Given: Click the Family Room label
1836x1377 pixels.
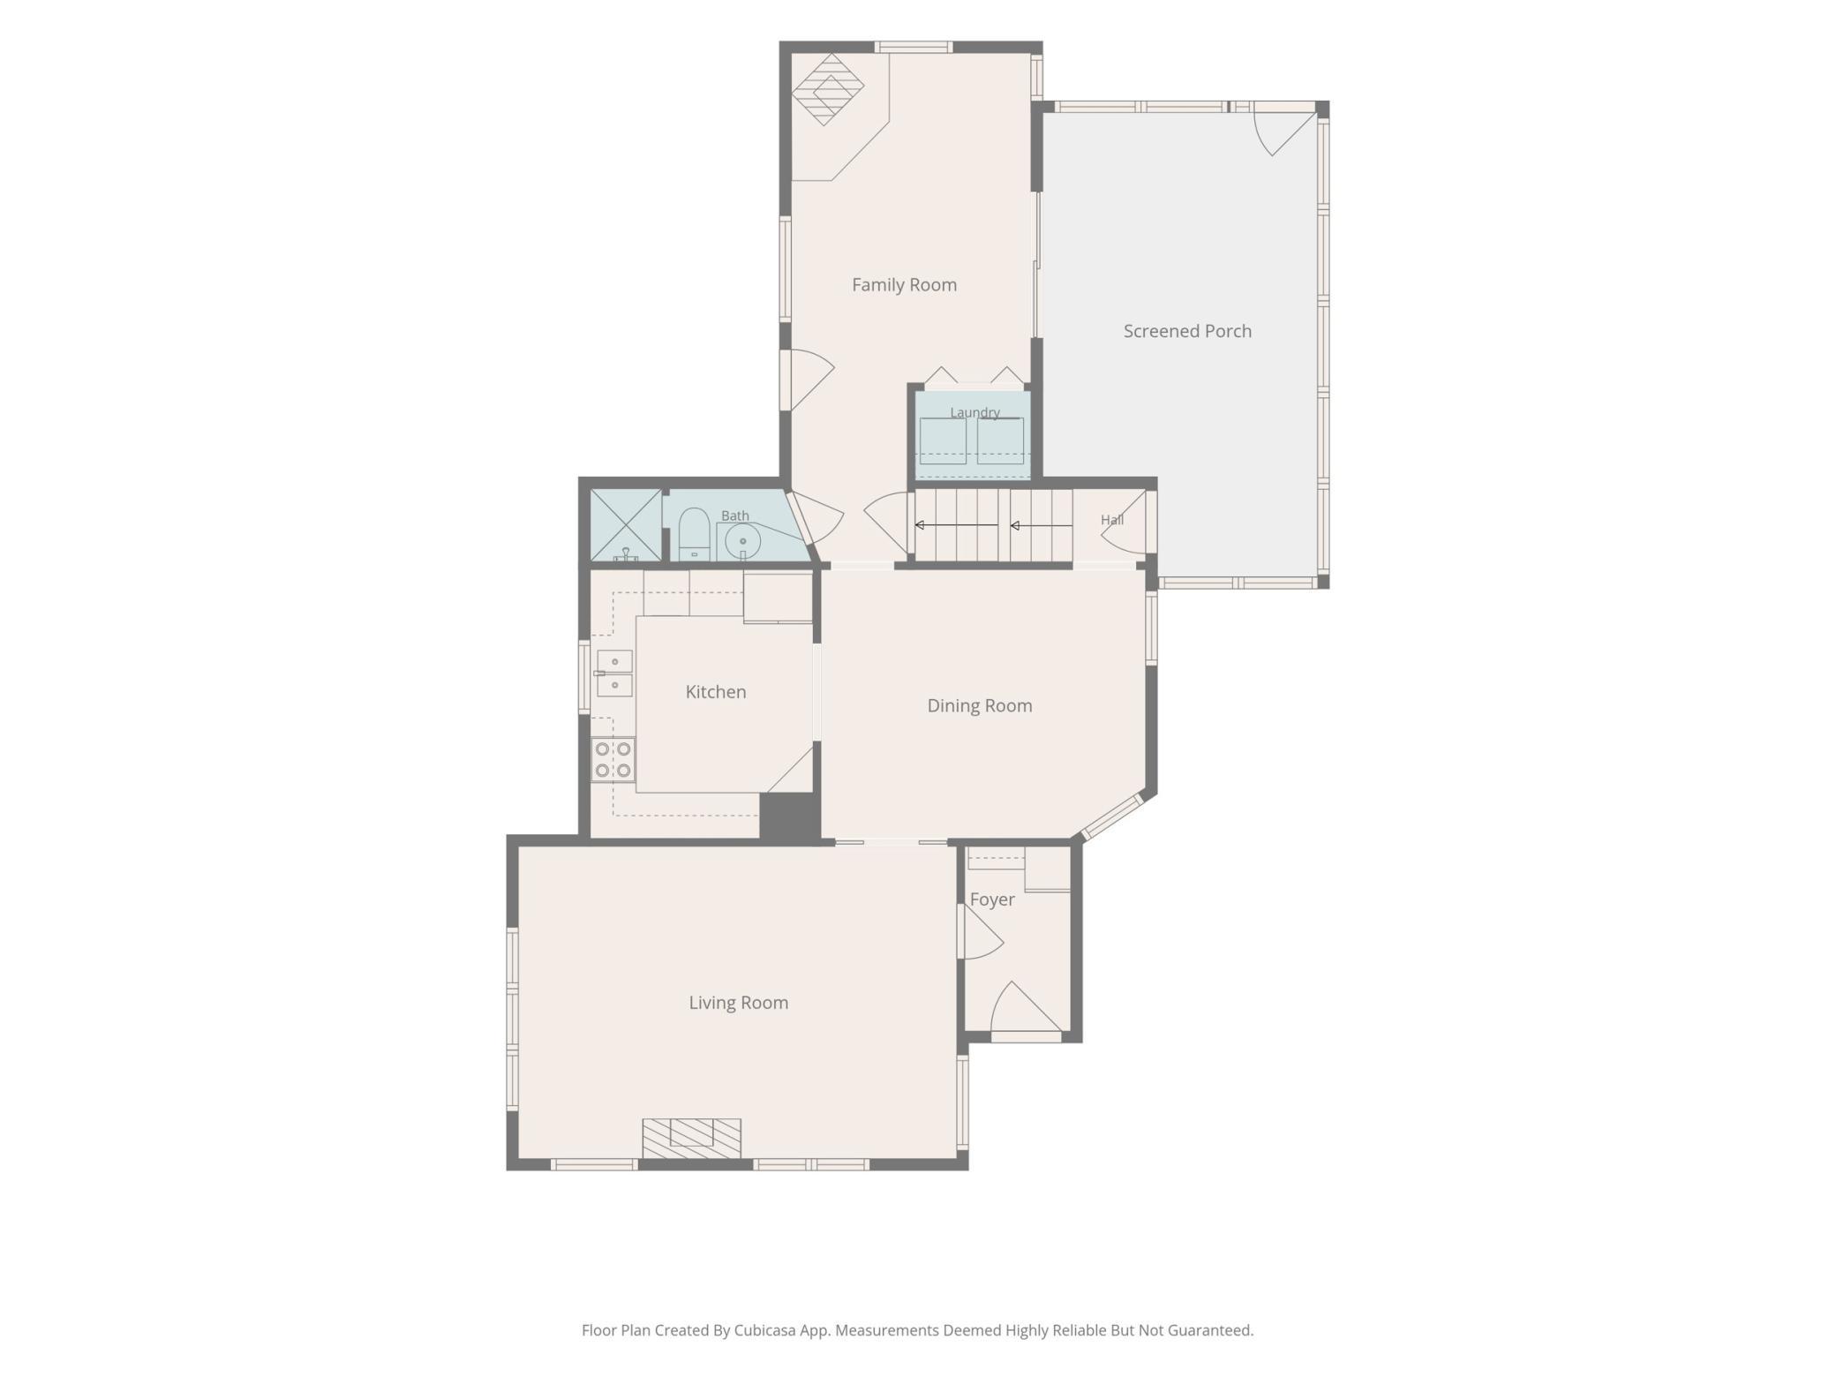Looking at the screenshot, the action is point(904,285).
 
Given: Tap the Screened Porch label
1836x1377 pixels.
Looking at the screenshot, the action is point(1187,331).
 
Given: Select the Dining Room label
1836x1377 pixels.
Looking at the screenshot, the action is point(980,706).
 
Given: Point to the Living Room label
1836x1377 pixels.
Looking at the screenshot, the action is point(739,1003).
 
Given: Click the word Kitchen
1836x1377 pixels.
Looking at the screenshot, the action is point(716,692).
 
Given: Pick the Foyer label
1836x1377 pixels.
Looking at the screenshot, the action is point(992,900).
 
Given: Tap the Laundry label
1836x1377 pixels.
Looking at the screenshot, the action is point(974,412).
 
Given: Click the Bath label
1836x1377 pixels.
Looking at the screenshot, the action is point(735,515).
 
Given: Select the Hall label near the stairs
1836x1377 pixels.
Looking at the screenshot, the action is point(1112,520).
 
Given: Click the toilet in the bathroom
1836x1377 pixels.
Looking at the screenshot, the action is point(694,534).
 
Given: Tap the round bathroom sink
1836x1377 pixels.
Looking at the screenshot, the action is point(742,541).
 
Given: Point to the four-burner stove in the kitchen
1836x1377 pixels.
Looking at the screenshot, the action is point(613,759).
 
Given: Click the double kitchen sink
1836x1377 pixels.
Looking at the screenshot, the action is point(614,673).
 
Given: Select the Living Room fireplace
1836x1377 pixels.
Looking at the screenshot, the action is point(691,1139).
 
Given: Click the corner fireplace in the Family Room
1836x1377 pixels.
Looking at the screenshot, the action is point(827,89).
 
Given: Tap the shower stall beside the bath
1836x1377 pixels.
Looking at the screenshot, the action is point(626,525).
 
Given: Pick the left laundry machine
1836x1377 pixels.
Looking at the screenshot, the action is point(943,440).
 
